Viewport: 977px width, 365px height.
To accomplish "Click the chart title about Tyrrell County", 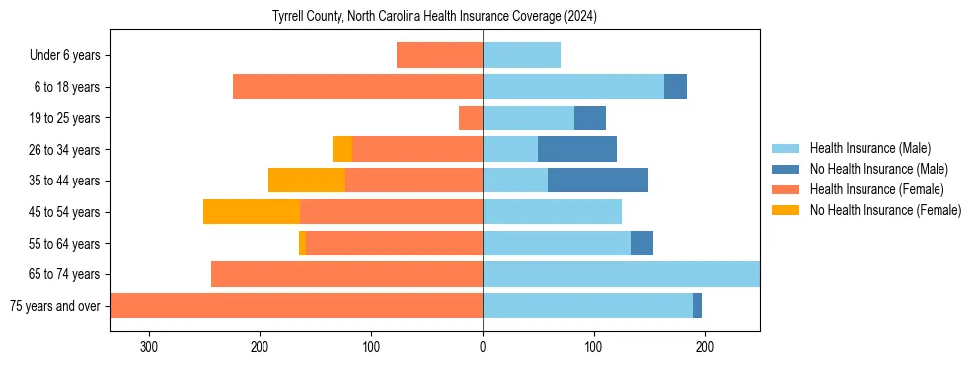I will coord(434,17).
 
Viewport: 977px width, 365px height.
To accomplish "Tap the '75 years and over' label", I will coord(55,306).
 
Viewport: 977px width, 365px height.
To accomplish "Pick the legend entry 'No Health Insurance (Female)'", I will coord(885,210).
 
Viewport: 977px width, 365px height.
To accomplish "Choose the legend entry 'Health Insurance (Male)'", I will coord(869,148).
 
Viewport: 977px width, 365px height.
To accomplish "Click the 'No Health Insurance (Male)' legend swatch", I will coord(787,169).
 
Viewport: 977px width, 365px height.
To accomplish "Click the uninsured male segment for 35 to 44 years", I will coord(598,181).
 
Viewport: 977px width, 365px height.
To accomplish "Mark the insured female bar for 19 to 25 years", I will coord(471,118).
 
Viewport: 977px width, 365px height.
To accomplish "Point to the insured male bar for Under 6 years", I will coord(521,55).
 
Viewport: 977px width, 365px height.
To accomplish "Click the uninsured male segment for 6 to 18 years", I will coord(675,87).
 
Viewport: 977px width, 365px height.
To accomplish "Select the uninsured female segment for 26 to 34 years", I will coord(342,149).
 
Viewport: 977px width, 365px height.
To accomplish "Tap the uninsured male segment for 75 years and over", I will coord(697,306).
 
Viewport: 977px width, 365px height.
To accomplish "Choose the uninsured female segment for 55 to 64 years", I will coord(302,243).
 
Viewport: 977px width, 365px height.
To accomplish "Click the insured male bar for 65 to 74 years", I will coord(621,274).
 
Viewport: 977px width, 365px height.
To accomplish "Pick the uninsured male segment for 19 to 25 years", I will coord(590,118).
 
